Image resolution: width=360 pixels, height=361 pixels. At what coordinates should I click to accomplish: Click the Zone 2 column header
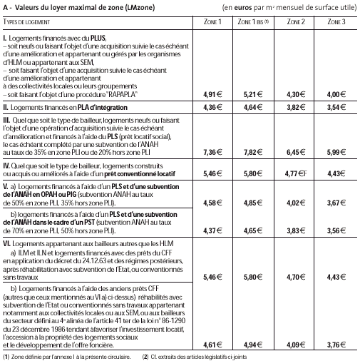[x=297, y=23]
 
